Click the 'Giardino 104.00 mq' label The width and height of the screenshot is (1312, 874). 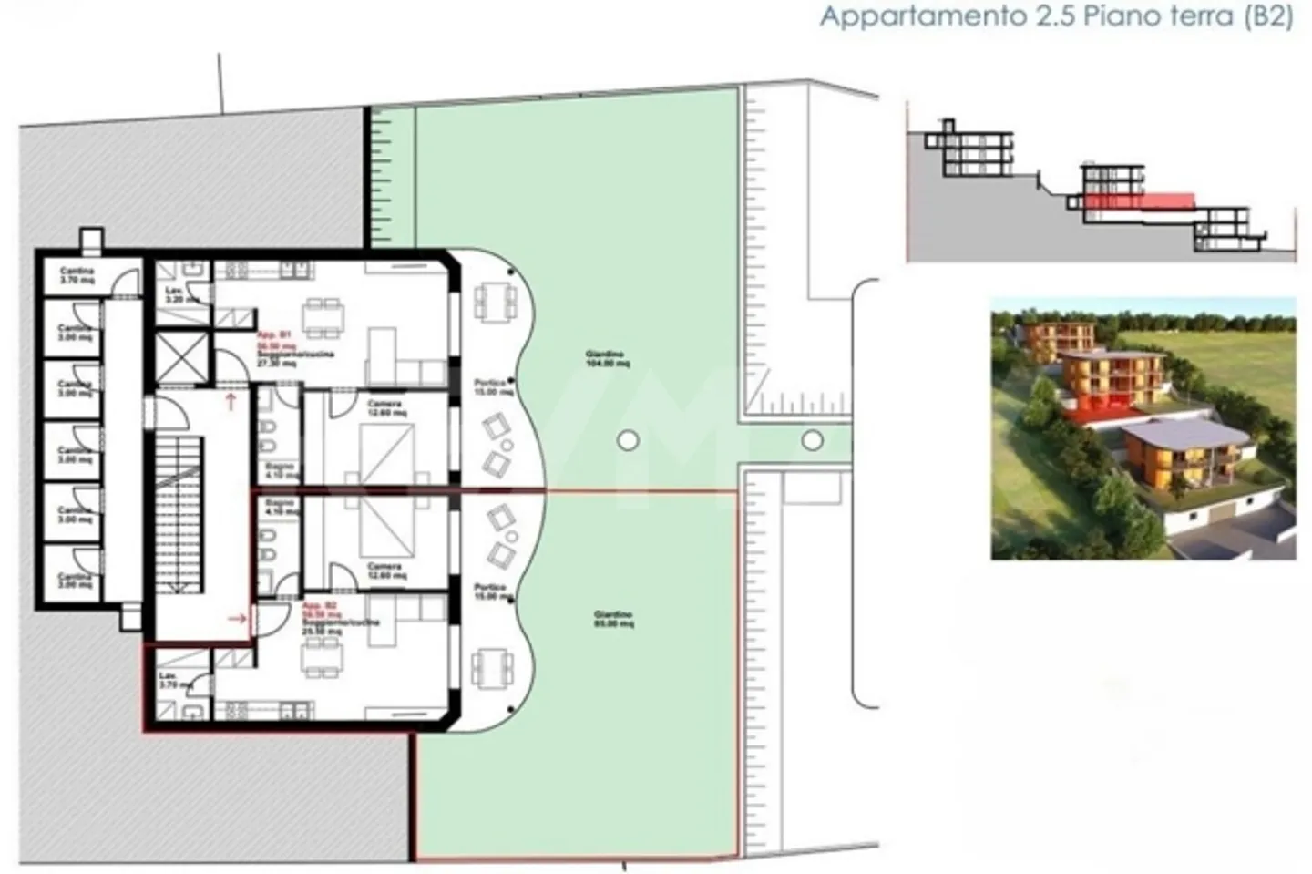pos(609,358)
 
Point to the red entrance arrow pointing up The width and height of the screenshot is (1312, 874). pos(231,400)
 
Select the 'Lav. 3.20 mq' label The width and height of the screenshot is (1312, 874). pos(176,294)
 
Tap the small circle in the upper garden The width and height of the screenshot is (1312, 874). pos(627,441)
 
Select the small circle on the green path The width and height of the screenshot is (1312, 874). pos(812,441)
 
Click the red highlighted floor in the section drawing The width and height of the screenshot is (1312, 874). pos(1139,200)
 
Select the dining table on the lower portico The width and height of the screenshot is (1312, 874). pos(489,667)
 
